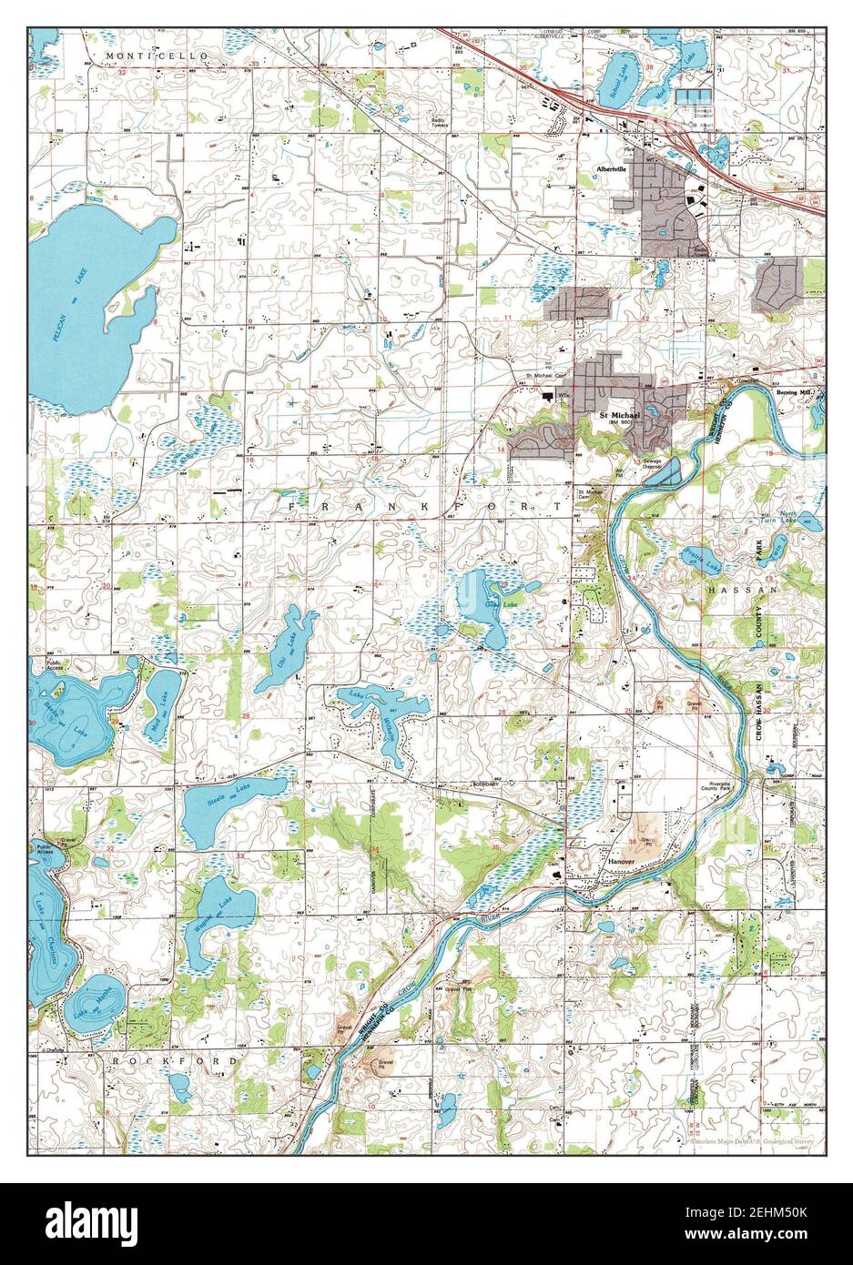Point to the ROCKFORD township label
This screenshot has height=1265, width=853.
tap(180, 1061)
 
